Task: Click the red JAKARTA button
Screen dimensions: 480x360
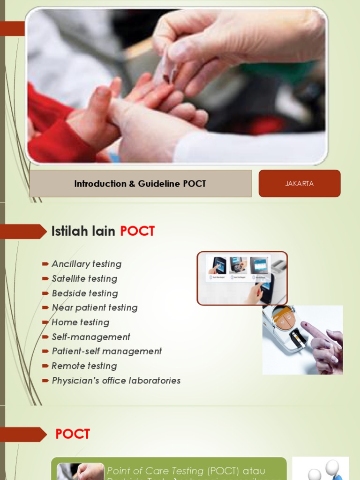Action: pyautogui.click(x=299, y=183)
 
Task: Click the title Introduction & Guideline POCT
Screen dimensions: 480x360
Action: pyautogui.click(x=140, y=184)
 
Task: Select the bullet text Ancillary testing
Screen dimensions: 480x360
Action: pyautogui.click(x=86, y=264)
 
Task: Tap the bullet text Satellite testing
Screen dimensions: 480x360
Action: pyautogui.click(x=84, y=278)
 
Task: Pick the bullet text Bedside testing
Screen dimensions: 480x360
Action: pyautogui.click(x=84, y=293)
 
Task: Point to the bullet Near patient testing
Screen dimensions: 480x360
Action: pyautogui.click(x=94, y=307)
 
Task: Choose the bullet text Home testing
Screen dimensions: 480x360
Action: pyautogui.click(x=80, y=322)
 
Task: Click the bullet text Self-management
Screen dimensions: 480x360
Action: pyautogui.click(x=90, y=337)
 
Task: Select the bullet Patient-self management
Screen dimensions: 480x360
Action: pyautogui.click(x=106, y=351)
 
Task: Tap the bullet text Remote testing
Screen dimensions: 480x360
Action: pyautogui.click(x=84, y=366)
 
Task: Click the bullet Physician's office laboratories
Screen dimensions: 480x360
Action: pyautogui.click(x=116, y=381)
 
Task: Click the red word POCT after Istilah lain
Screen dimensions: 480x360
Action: pyautogui.click(x=137, y=231)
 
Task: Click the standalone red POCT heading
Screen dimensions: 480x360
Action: pyautogui.click(x=73, y=434)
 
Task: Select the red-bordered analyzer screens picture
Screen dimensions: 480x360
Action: pyautogui.click(x=241, y=278)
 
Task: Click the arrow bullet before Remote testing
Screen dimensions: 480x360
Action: pyautogui.click(x=45, y=366)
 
